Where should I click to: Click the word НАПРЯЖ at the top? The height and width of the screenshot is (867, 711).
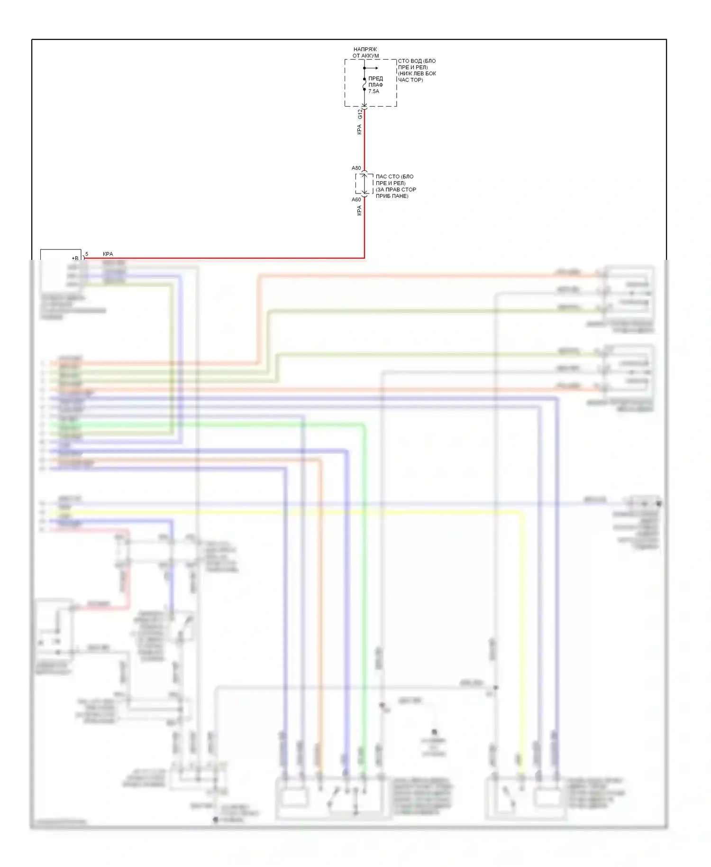(x=365, y=49)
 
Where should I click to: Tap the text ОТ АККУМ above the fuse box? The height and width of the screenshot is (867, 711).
(x=365, y=56)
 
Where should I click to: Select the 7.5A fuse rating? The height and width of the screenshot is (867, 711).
(x=374, y=92)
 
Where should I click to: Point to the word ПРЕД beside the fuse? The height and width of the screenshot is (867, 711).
(x=375, y=79)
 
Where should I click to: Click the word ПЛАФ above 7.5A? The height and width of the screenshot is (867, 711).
(x=376, y=85)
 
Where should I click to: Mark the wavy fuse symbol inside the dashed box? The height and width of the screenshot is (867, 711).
(x=364, y=84)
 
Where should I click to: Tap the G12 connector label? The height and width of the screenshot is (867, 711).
(x=360, y=114)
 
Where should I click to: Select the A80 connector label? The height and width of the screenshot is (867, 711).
(x=356, y=168)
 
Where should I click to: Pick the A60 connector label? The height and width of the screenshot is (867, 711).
(x=356, y=200)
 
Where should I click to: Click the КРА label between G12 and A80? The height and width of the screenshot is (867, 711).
(x=359, y=129)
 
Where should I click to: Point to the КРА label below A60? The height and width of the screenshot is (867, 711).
(x=359, y=211)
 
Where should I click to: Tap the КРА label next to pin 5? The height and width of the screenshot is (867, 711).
(x=108, y=254)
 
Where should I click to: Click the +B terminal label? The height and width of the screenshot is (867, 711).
(x=75, y=258)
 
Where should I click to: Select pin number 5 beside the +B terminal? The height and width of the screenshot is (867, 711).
(x=87, y=255)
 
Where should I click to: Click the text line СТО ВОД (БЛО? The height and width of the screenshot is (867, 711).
(x=417, y=61)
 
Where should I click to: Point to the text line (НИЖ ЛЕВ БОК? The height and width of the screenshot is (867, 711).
(x=417, y=74)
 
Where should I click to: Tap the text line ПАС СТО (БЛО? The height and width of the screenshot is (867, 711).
(x=394, y=176)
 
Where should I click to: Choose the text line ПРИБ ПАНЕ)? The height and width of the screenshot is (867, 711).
(x=392, y=196)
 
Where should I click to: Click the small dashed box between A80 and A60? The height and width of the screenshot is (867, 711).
(x=364, y=184)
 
